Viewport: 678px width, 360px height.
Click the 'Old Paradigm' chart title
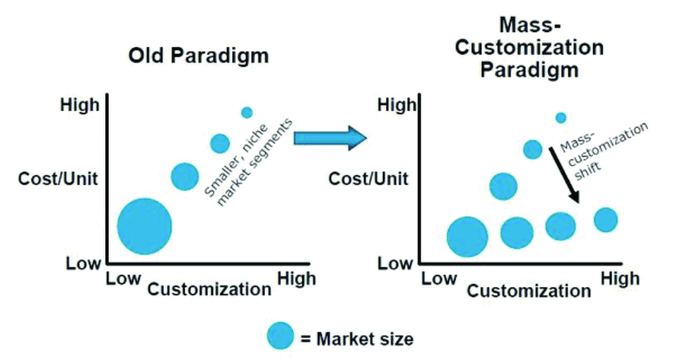coord(199,55)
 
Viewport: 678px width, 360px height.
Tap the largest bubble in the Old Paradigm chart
coord(144,226)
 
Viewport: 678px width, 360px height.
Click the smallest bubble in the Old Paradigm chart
coord(247,113)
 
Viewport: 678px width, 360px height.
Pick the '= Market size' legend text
coord(357,338)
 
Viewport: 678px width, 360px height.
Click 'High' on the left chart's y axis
coord(80,106)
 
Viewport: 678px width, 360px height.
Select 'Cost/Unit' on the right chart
coord(369,179)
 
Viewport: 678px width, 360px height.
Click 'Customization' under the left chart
coord(209,289)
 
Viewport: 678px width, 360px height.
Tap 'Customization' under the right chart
coord(529,291)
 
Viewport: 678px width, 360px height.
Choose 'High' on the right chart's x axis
coord(620,278)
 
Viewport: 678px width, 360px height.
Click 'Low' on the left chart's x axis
coord(123,278)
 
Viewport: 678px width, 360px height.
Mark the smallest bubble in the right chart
coord(561,118)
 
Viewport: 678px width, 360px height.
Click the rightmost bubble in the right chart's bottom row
coord(605,220)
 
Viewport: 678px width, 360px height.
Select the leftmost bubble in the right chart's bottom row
coord(467,237)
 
